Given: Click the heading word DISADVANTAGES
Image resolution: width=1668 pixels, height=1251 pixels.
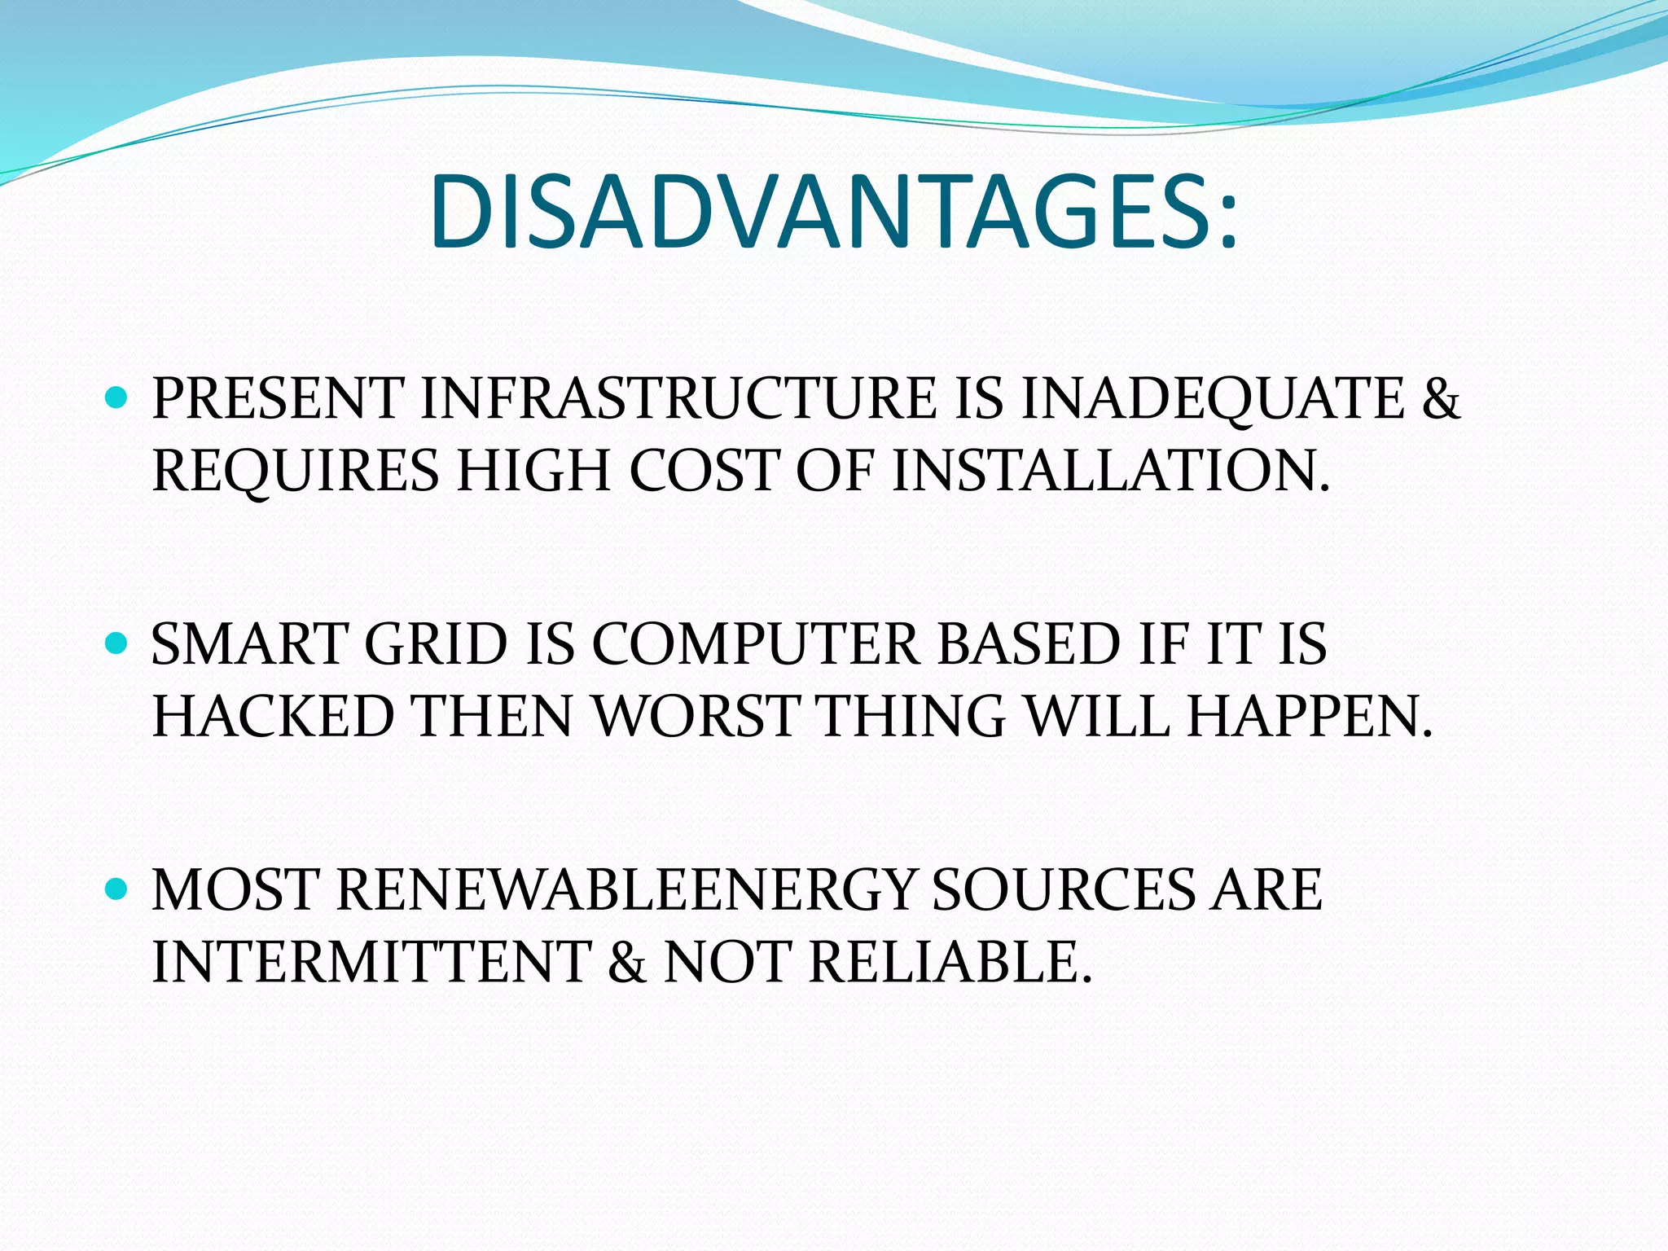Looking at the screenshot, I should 832,213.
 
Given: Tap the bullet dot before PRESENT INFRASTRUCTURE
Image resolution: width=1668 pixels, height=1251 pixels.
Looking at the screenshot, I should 117,398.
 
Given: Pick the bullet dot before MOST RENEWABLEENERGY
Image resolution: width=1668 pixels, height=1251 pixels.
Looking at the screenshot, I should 117,889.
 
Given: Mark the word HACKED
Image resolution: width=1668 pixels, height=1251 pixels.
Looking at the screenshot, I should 273,717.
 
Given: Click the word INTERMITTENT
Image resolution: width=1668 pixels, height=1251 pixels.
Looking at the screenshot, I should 371,962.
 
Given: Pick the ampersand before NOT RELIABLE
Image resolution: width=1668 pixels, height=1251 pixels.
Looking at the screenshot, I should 626,962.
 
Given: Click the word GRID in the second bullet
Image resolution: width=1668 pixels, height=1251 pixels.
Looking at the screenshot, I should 436,644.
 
